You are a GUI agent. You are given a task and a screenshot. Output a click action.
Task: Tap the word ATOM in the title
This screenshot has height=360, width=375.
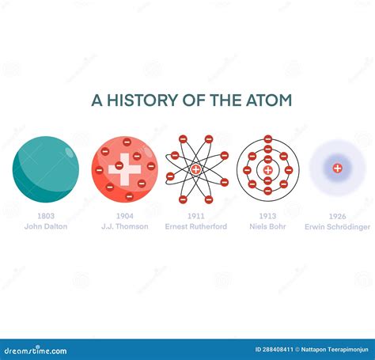267,100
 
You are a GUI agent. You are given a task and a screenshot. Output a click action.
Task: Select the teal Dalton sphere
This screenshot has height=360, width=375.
46,169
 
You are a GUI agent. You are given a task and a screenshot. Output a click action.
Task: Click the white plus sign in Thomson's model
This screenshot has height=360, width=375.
124,169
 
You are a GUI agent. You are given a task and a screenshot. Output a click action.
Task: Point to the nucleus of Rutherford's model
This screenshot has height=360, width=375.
196,169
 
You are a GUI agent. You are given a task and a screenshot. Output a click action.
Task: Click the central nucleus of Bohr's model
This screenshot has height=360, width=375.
268,169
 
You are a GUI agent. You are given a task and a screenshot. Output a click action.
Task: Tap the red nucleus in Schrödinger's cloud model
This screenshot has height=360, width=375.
337,168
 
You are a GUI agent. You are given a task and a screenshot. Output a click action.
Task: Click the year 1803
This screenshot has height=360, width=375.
46,216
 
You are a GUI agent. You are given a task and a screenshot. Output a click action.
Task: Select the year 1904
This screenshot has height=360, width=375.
124,216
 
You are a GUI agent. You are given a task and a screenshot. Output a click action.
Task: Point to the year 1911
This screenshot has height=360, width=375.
196,216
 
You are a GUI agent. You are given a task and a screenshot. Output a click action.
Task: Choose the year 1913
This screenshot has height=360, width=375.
268,216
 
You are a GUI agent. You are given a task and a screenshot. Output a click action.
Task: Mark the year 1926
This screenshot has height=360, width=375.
337,216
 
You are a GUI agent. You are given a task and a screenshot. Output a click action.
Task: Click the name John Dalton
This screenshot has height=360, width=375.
46,226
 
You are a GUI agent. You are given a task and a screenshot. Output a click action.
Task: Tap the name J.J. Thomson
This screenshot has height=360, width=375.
124,226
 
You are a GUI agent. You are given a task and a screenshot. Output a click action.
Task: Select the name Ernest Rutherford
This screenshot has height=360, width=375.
196,226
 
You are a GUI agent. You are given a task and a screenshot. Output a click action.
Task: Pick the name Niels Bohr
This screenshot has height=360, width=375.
268,226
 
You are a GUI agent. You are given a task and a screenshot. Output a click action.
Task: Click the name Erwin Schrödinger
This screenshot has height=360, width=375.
337,226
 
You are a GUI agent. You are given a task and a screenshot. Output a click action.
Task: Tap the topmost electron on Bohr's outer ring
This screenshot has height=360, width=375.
268,139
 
